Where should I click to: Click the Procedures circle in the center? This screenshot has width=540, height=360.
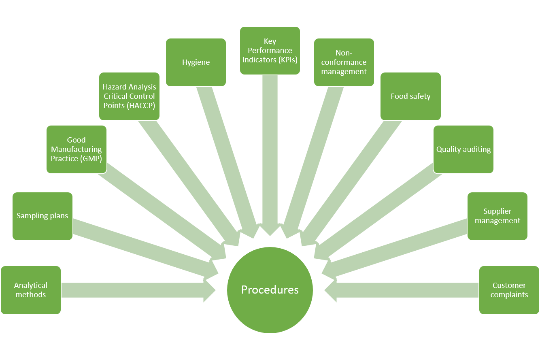tap(270, 290)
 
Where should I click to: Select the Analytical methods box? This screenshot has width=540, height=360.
tap(31, 290)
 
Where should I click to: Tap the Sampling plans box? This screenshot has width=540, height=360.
tap(43, 216)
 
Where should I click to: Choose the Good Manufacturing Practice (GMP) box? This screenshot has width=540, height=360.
tap(77, 149)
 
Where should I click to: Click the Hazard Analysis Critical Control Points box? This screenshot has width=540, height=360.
tap(129, 96)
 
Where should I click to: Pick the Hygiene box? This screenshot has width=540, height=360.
tap(196, 62)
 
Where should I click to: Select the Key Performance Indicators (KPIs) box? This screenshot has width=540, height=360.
tap(270, 51)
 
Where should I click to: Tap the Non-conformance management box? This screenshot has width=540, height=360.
tap(344, 62)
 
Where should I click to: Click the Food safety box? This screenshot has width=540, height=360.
tap(410, 96)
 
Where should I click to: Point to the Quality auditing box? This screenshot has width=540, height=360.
tap(463, 149)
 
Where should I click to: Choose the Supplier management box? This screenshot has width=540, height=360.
tap(497, 216)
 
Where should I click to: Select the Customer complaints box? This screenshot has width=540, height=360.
tap(509, 290)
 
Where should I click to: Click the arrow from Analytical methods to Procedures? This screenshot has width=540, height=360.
tap(134, 290)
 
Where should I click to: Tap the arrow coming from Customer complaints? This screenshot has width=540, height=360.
tap(405, 290)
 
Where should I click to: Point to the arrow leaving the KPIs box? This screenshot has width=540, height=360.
tap(270, 154)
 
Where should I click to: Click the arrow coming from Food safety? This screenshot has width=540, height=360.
tap(348, 182)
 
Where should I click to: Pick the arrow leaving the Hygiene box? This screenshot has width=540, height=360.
tap(227, 158)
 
